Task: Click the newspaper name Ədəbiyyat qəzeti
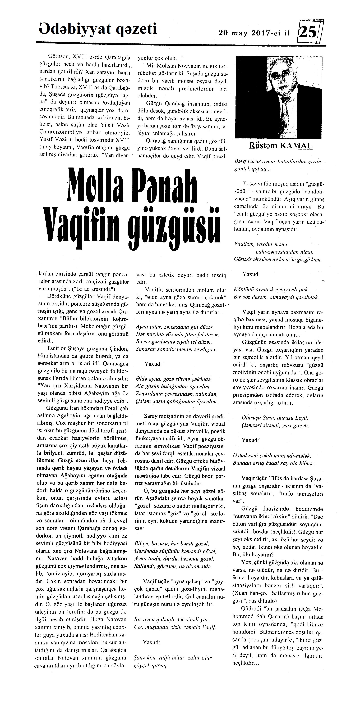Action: [98, 29]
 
